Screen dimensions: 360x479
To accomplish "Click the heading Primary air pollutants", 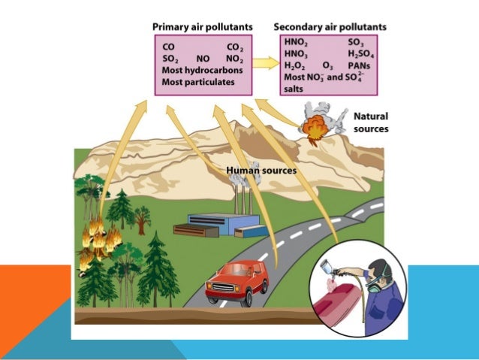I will (x=202, y=27).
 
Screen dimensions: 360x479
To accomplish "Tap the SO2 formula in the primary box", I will (x=170, y=58).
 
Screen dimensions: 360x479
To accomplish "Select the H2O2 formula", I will (x=294, y=65).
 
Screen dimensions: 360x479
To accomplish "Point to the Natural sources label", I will (x=370, y=123).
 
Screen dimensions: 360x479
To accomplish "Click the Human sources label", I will (x=261, y=171).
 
